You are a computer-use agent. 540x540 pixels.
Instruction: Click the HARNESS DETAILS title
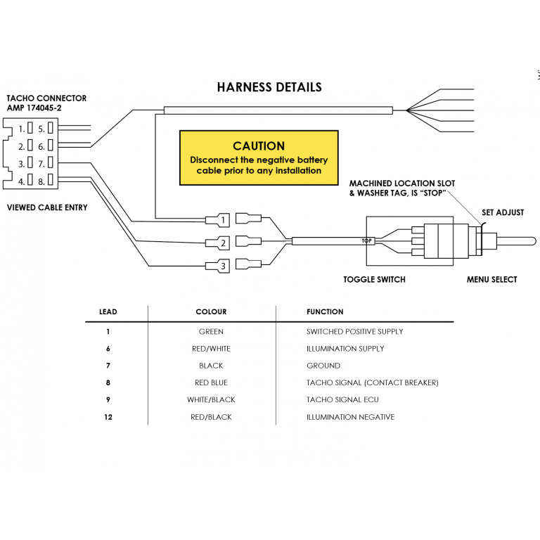(269, 87)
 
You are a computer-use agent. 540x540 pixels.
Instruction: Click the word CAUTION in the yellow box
(259, 146)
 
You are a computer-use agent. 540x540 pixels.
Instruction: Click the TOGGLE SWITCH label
(374, 280)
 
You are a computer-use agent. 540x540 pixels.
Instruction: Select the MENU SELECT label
(491, 280)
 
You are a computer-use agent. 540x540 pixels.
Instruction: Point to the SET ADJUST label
(503, 212)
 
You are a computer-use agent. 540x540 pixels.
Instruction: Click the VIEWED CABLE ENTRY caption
(47, 207)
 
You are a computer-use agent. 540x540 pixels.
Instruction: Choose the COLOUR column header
(211, 311)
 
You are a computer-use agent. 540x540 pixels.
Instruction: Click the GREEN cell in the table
(211, 332)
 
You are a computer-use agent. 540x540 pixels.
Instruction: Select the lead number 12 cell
(108, 417)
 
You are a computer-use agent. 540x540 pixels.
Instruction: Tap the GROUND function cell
(323, 366)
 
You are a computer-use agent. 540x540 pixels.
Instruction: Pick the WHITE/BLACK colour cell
(211, 400)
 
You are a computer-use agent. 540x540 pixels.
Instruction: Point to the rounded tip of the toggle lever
(532, 241)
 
